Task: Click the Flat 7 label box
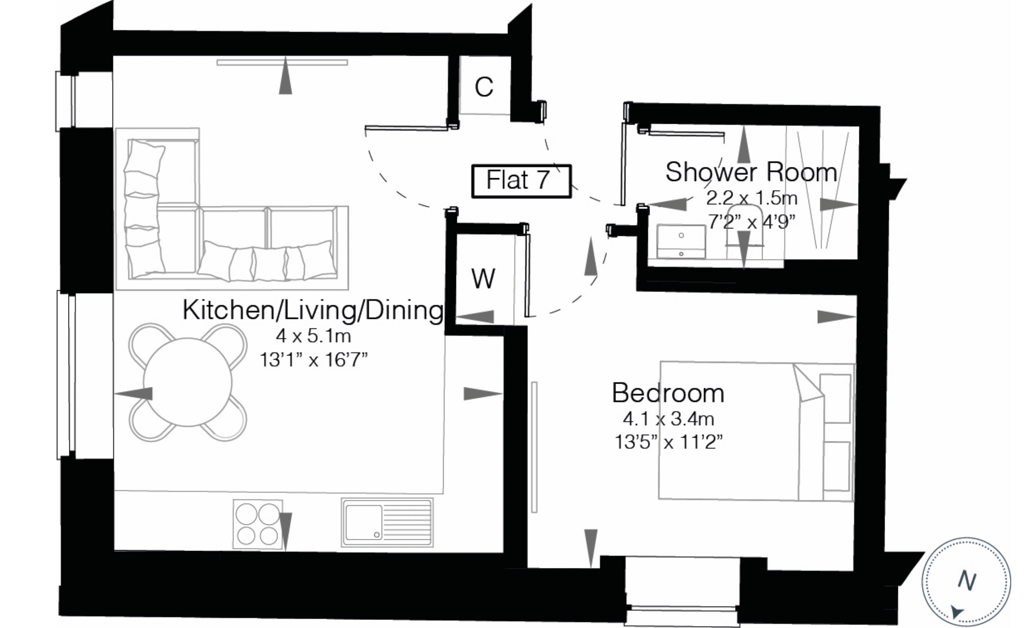(x=521, y=181)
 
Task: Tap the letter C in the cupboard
(x=484, y=87)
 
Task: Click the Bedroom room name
(x=668, y=393)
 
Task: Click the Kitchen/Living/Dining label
(x=313, y=310)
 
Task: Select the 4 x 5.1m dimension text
(x=313, y=336)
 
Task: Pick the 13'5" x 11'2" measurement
(x=668, y=442)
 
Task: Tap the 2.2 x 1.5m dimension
(x=751, y=198)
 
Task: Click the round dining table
(x=187, y=382)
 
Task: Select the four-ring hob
(x=258, y=524)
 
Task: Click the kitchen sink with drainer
(x=387, y=522)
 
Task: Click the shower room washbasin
(x=681, y=241)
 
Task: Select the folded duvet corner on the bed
(x=808, y=383)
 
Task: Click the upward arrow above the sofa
(x=285, y=75)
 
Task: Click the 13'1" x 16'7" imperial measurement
(x=313, y=360)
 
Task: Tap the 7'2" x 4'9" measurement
(x=751, y=222)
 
